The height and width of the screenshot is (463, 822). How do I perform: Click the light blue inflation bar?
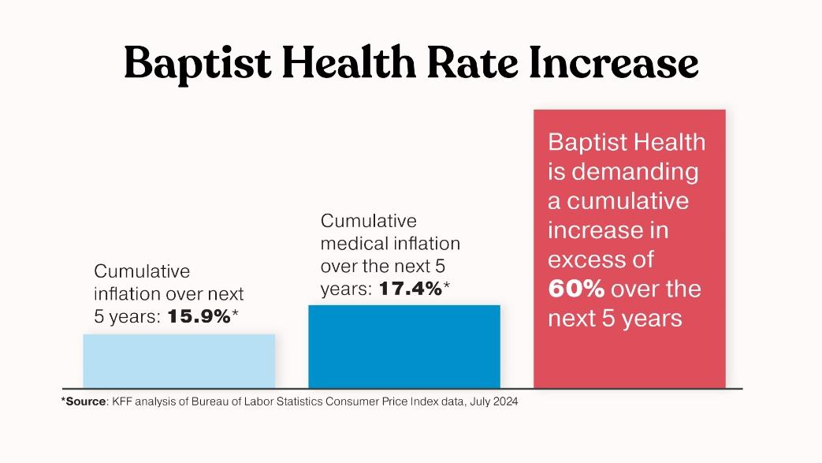coord(179,360)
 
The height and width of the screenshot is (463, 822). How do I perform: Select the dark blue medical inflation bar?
coord(404,346)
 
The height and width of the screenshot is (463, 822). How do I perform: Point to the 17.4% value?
coord(411,289)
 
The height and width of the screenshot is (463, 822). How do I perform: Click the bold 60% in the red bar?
coord(576,289)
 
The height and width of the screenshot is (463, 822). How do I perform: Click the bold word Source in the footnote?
coord(84,401)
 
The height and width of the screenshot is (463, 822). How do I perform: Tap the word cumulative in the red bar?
coord(628,201)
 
